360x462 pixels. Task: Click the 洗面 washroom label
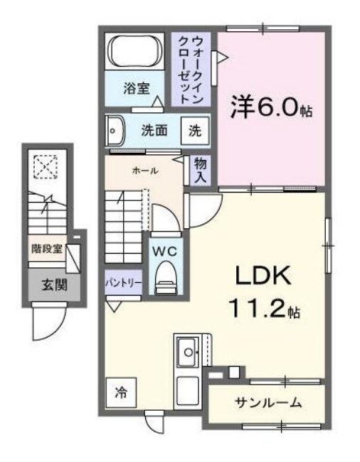tap(153, 130)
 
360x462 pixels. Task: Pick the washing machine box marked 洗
tap(194, 131)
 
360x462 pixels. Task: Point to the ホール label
tap(144, 171)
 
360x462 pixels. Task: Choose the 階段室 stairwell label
tap(47, 249)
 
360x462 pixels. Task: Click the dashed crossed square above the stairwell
tap(46, 168)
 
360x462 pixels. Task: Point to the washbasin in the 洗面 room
tap(114, 130)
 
